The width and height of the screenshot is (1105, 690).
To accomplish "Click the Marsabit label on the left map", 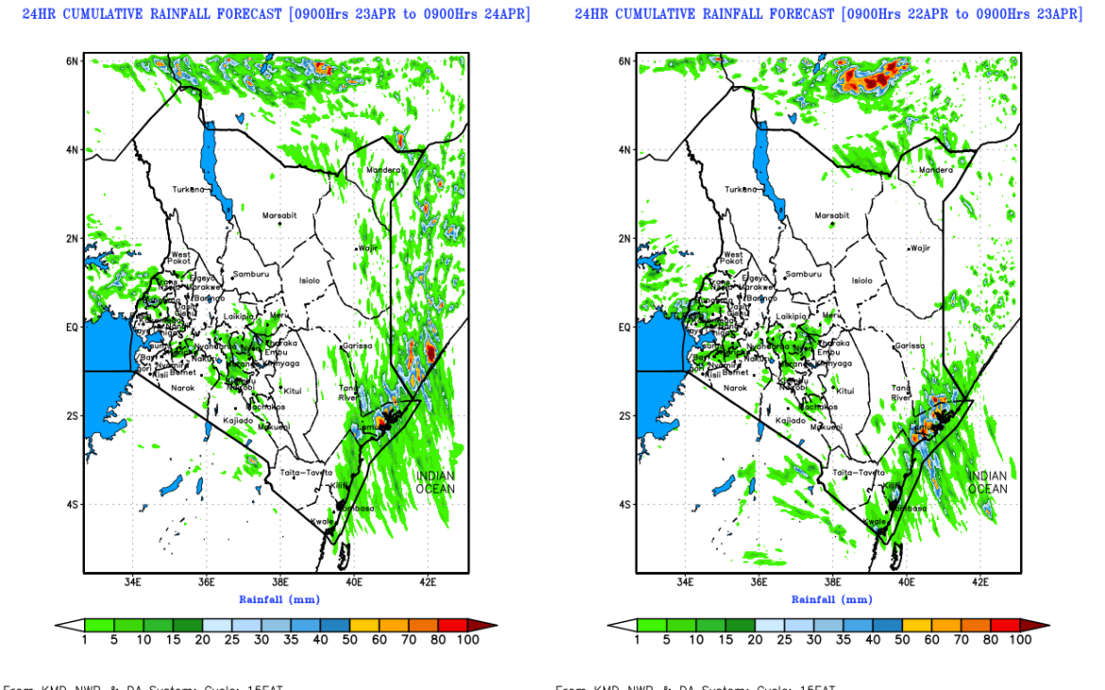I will (x=280, y=216).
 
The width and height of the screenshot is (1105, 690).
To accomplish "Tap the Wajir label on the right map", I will (x=920, y=248).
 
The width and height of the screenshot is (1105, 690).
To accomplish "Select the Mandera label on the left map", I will (x=382, y=170).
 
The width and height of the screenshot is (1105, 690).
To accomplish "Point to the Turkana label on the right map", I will (x=741, y=189).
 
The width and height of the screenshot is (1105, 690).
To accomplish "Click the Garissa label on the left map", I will (x=357, y=346).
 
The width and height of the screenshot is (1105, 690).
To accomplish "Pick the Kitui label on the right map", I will (x=845, y=390).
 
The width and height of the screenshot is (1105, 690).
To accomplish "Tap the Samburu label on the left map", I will (x=252, y=274).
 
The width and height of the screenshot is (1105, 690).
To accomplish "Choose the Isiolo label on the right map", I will (x=861, y=281).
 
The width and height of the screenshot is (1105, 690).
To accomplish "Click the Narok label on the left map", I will (x=182, y=388).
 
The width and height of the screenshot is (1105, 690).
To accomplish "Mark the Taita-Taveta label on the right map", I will (x=858, y=473).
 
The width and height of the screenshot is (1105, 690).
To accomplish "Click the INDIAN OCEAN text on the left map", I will (x=435, y=482).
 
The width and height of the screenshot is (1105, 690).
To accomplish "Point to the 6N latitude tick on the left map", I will (x=71, y=60).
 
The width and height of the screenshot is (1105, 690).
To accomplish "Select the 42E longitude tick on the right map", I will (x=979, y=582).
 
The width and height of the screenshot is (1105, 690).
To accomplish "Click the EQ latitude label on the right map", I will (x=623, y=327).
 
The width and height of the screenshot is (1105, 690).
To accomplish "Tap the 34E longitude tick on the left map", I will (x=132, y=582).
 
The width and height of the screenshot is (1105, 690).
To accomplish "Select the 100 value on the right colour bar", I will (x=1020, y=640).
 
